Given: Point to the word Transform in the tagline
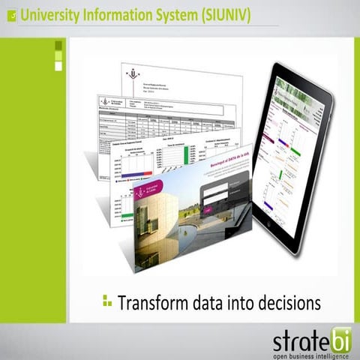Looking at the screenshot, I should (153, 303).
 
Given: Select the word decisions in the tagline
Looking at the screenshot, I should (284, 303).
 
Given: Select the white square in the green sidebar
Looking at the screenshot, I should (58, 67).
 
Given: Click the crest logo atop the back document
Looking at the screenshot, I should (134, 75).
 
